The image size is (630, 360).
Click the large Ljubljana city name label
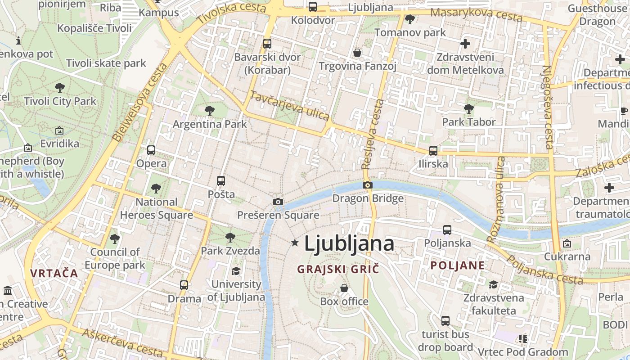pyautogui.click(x=349, y=243)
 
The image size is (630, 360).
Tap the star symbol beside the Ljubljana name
pyautogui.click(x=295, y=243)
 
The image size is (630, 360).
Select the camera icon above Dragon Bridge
pyautogui.click(x=368, y=185)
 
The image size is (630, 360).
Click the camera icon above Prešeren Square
pyautogui.click(x=278, y=202)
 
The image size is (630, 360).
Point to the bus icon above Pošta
pyautogui.click(x=221, y=181)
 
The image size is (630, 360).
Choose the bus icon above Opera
pyautogui.click(x=151, y=150)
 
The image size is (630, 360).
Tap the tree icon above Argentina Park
pyautogui.click(x=209, y=110)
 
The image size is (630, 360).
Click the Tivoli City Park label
pyautogui.click(x=60, y=101)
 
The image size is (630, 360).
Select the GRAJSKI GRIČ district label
pyautogui.click(x=338, y=270)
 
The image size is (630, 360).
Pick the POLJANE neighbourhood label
pyautogui.click(x=458, y=265)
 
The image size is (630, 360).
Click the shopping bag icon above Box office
pyautogui.click(x=344, y=288)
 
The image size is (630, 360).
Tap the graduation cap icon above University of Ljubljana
pyautogui.click(x=236, y=271)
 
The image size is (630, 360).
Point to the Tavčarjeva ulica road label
pyautogui.click(x=290, y=106)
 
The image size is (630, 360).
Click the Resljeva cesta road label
pyautogui.click(x=373, y=134)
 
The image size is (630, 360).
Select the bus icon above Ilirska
pyautogui.click(x=433, y=151)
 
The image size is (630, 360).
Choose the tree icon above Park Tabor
pyautogui.click(x=468, y=108)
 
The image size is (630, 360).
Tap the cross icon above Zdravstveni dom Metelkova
pyautogui.click(x=465, y=44)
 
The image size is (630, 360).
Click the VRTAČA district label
pyautogui.click(x=54, y=273)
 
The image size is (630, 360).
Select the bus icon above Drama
pyautogui.click(x=184, y=285)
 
